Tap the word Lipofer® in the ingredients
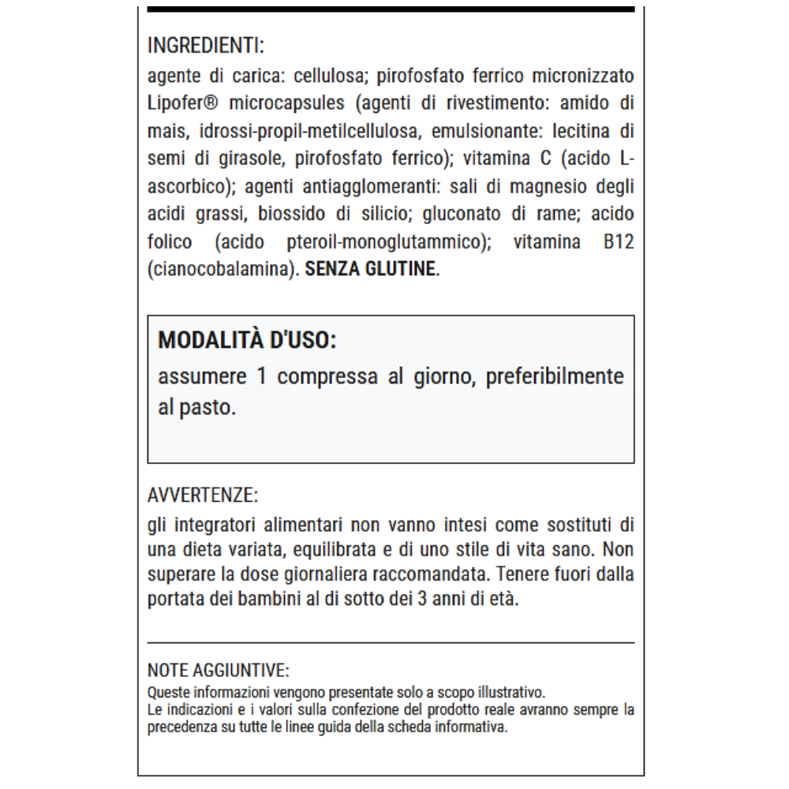pos(183,103)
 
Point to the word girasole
pos(251,158)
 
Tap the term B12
pos(619,241)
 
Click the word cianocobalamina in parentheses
pos(219,269)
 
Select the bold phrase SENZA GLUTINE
pos(370,269)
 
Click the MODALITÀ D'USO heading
pos(247,340)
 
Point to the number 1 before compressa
pos(262,376)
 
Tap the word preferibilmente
pos(555,376)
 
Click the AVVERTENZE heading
pos(203,495)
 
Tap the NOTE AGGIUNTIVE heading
pos(219,671)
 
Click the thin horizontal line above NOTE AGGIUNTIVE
pos(391,643)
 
